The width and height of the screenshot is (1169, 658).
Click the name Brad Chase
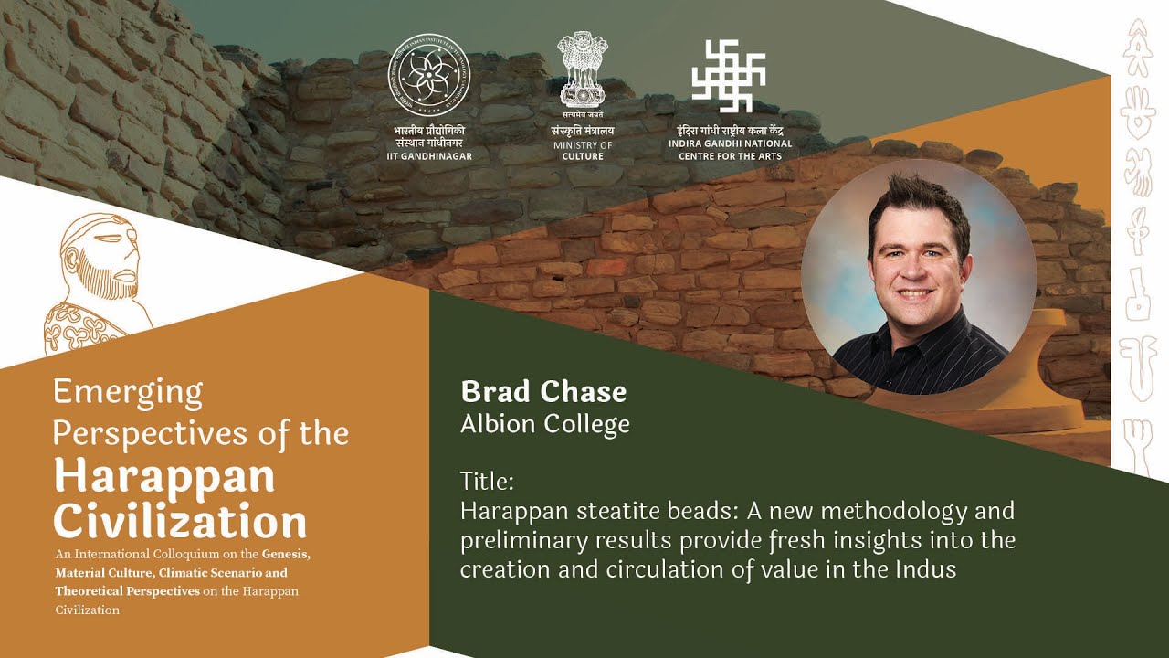543,392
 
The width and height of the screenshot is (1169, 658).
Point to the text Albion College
544,424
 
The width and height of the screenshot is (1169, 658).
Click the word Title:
488,481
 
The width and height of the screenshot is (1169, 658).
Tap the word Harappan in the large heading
163,476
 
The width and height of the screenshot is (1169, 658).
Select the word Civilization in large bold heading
180,521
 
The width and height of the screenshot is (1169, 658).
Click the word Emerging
128,392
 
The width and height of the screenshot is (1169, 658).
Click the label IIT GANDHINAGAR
428,156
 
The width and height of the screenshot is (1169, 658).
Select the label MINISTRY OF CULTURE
582,151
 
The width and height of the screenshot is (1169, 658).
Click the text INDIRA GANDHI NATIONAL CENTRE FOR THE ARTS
730,150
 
